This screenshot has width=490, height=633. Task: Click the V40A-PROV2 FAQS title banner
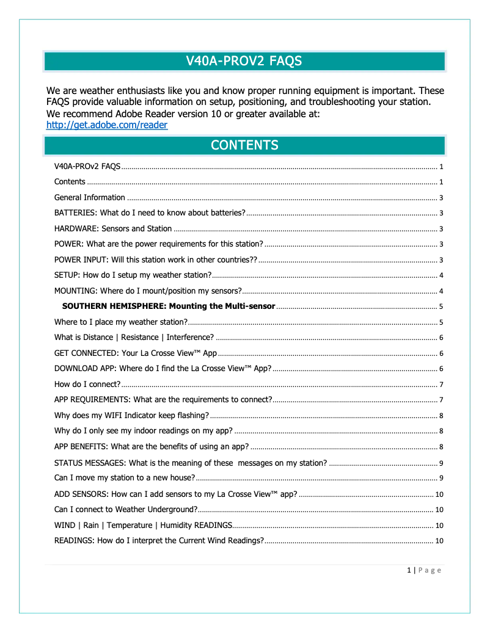click(244, 61)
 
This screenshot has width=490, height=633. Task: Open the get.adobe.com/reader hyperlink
click(107, 125)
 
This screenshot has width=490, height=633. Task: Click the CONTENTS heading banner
click(244, 145)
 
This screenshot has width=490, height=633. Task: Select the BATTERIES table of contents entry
click(150, 212)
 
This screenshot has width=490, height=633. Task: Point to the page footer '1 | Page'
click(423, 570)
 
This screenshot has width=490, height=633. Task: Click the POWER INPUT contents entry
click(155, 259)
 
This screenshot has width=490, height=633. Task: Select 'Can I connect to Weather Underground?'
click(125, 509)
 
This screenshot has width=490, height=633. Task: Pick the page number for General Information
click(441, 197)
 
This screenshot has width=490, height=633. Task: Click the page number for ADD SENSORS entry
click(439, 494)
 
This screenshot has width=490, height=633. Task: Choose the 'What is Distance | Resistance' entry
click(133, 337)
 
